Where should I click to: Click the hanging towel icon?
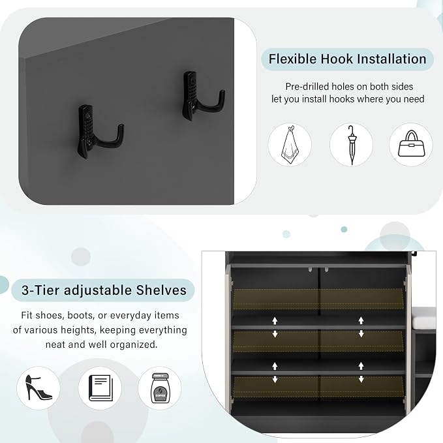pyautogui.click(x=290, y=145)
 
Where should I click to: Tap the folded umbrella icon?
pyautogui.click(x=352, y=145)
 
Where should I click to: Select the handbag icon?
pyautogui.click(x=411, y=144)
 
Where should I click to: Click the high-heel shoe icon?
pyautogui.click(x=38, y=388)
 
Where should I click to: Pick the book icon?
pyautogui.click(x=100, y=388)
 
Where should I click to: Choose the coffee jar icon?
pyautogui.click(x=160, y=388)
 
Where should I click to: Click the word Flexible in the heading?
pyautogui.click(x=292, y=59)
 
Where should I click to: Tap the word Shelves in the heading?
pyautogui.click(x=161, y=290)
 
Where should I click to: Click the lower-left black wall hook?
pyautogui.click(x=100, y=131)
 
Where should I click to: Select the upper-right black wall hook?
pyautogui.click(x=204, y=95)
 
